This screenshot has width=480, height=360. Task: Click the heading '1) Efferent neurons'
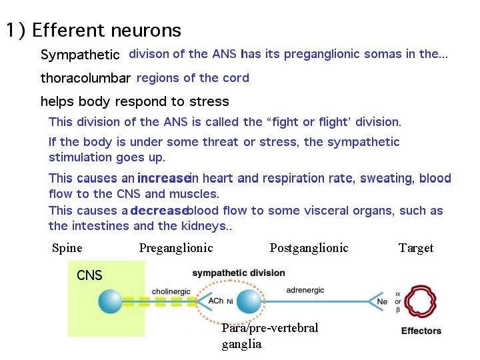pyautogui.click(x=93, y=30)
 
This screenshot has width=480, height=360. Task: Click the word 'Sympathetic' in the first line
pyautogui.click(x=80, y=55)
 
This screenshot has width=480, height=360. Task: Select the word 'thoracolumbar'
pyautogui.click(x=85, y=79)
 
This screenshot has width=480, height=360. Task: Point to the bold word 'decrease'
pyautogui.click(x=159, y=211)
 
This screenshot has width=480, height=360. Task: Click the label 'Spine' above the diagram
pyautogui.click(x=67, y=248)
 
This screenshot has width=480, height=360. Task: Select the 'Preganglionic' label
pyautogui.click(x=176, y=248)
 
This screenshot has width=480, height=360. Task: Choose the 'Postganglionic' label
pyautogui.click(x=309, y=248)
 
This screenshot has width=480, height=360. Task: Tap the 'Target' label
pyautogui.click(x=416, y=248)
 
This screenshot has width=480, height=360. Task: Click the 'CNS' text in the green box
pyautogui.click(x=89, y=275)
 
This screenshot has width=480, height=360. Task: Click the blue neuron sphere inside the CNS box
pyautogui.click(x=110, y=301)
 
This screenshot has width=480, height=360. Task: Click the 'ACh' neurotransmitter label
pyautogui.click(x=216, y=301)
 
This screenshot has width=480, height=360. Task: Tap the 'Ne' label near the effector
pyautogui.click(x=381, y=301)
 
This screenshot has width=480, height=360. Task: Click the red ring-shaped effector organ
pyautogui.click(x=421, y=302)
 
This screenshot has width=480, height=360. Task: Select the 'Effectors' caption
pyautogui.click(x=421, y=331)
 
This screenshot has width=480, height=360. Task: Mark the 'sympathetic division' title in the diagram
pyautogui.click(x=238, y=273)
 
